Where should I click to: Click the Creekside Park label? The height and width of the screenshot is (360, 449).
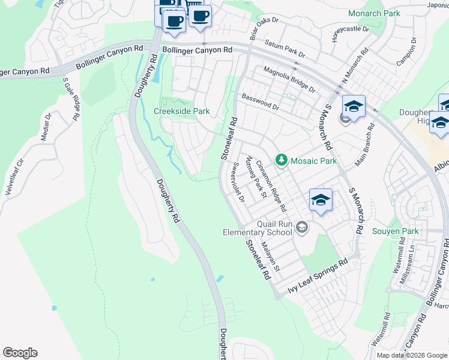click(x=182, y=111)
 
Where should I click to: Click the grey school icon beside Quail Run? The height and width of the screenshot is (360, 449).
click(x=301, y=226)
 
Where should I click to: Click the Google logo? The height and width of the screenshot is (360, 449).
click(x=20, y=353)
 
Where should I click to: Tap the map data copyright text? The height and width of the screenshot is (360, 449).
click(x=412, y=355)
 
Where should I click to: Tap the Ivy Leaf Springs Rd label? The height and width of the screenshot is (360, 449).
click(x=318, y=276)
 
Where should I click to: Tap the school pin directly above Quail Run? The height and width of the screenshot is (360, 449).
click(x=321, y=201)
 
